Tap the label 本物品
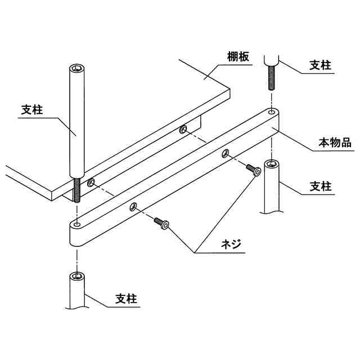tap(335, 143)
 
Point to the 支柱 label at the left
tap(33, 110)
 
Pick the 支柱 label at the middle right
tap(321, 186)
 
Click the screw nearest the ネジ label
tap(161, 223)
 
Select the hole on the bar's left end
tap(76, 224)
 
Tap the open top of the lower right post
tap(271, 164)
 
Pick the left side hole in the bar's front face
tap(133, 206)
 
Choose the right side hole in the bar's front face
tap(225, 152)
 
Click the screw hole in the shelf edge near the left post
tap(91, 183)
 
